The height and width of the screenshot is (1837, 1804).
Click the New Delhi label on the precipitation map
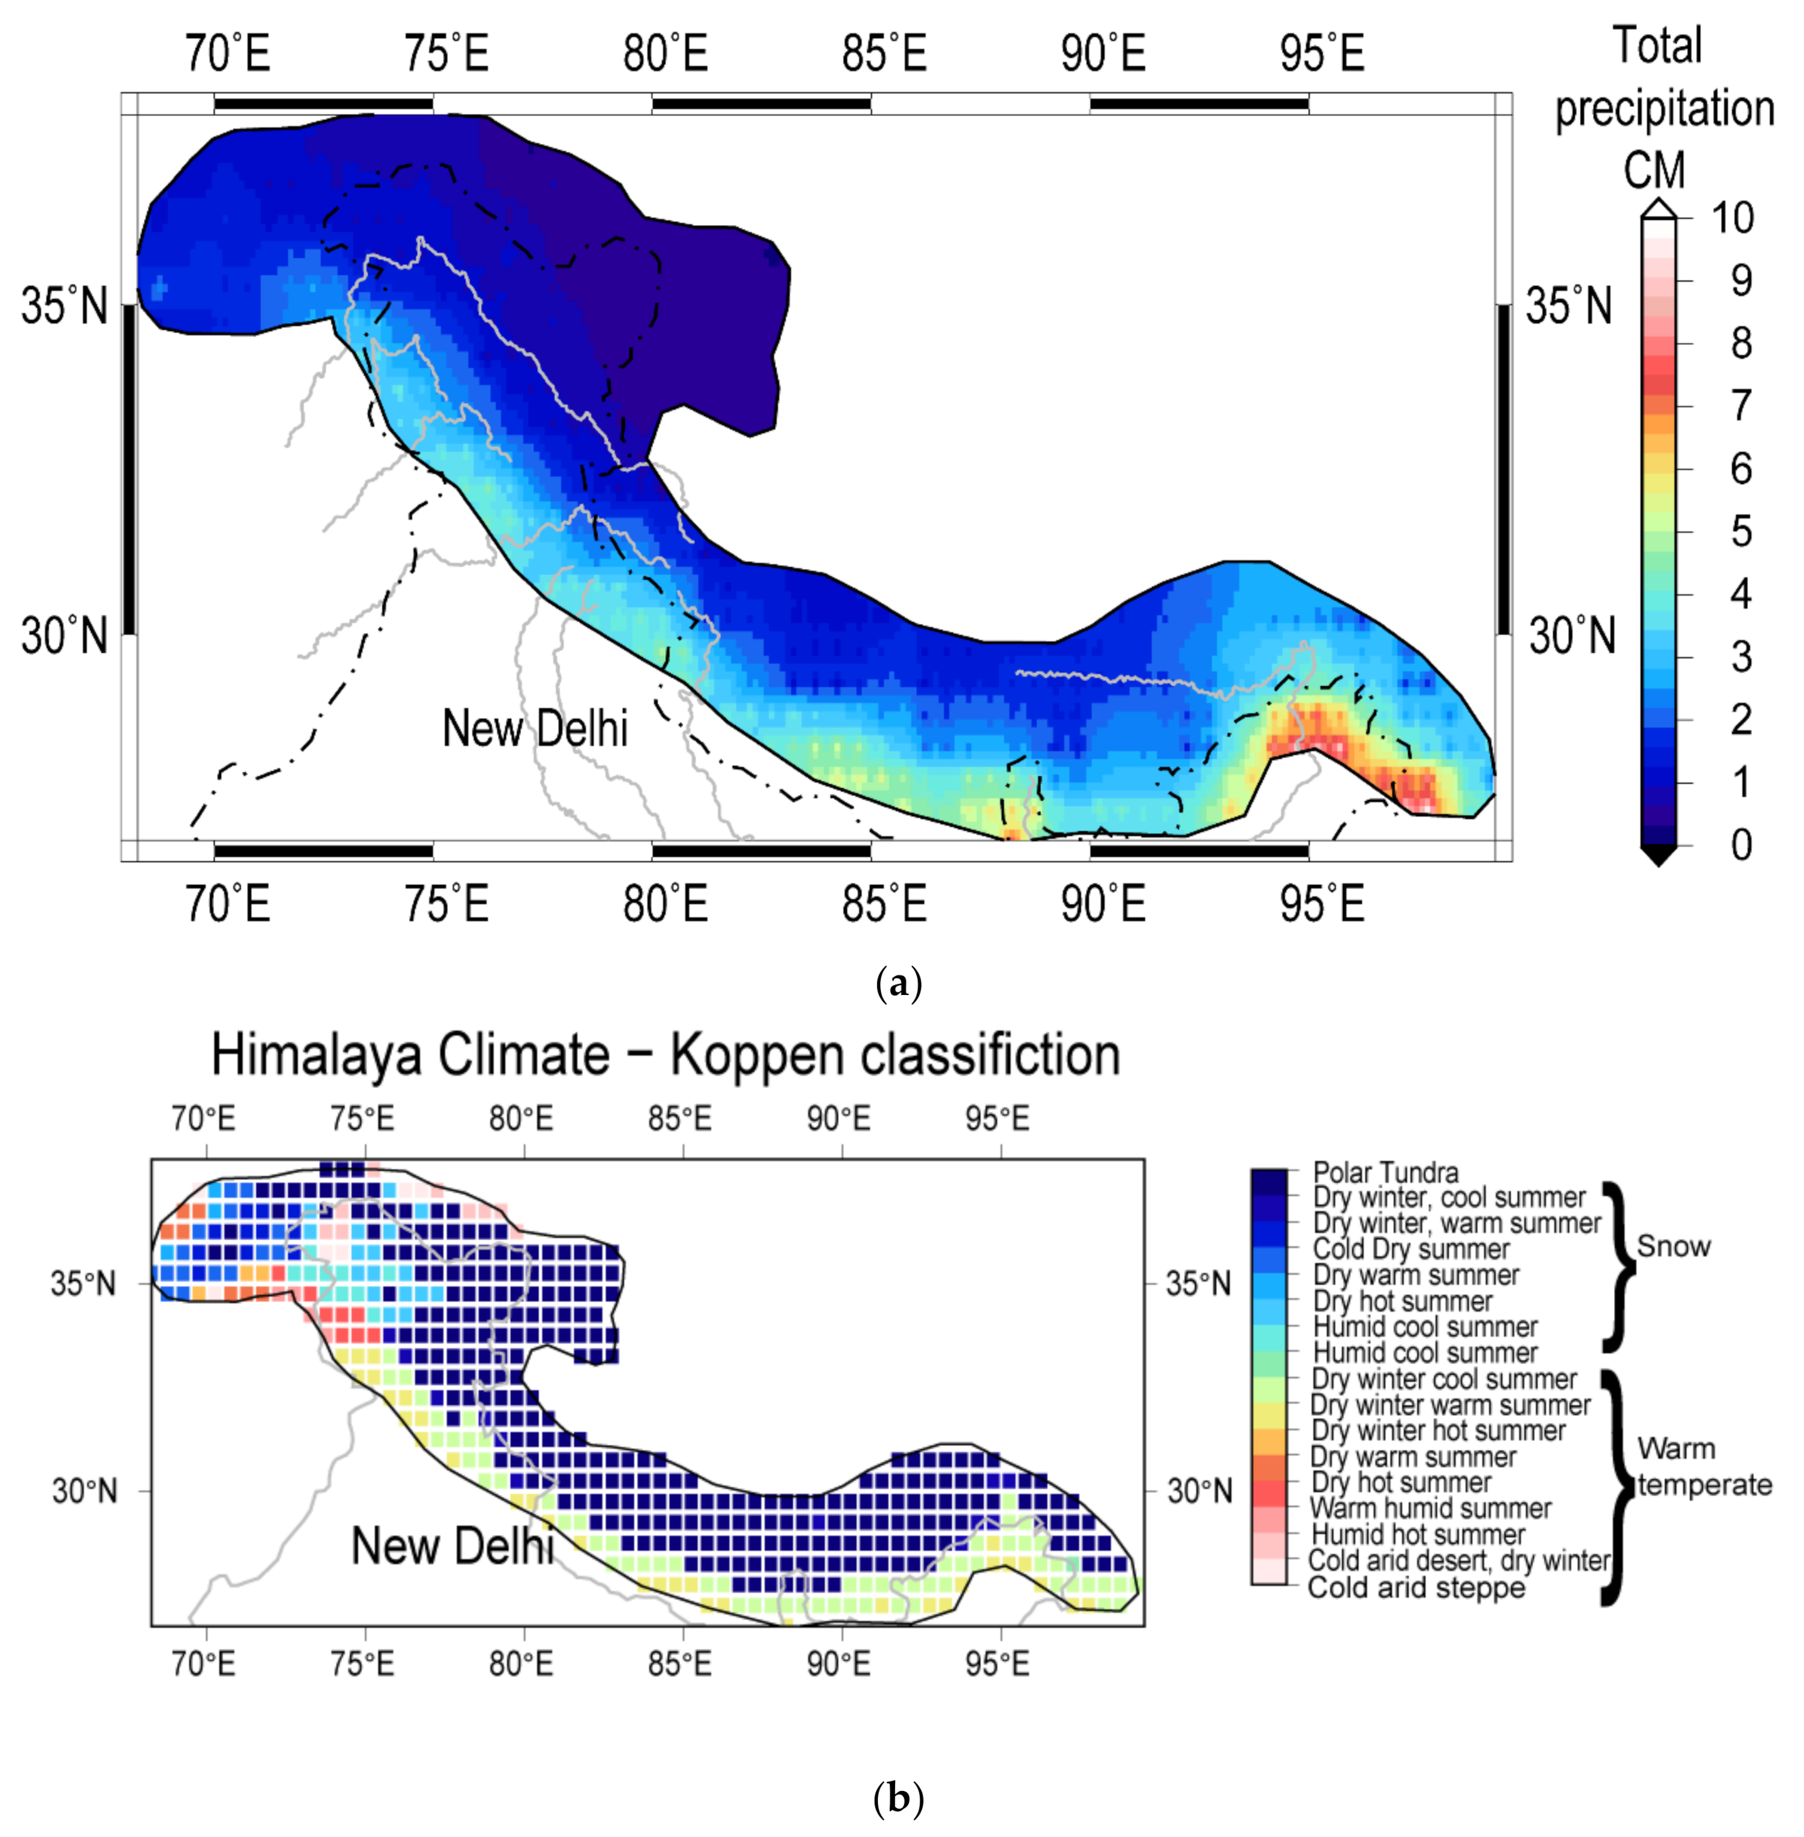coord(534,729)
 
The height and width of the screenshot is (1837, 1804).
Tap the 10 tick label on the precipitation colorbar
coord(1733,219)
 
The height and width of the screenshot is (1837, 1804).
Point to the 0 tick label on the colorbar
coord(1741,844)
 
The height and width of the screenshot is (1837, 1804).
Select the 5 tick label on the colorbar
coord(1741,532)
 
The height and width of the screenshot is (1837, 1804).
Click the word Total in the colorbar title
coord(1657,45)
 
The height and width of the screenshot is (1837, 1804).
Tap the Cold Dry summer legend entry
coord(1411,1249)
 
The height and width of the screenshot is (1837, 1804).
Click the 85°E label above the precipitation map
coord(884,53)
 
